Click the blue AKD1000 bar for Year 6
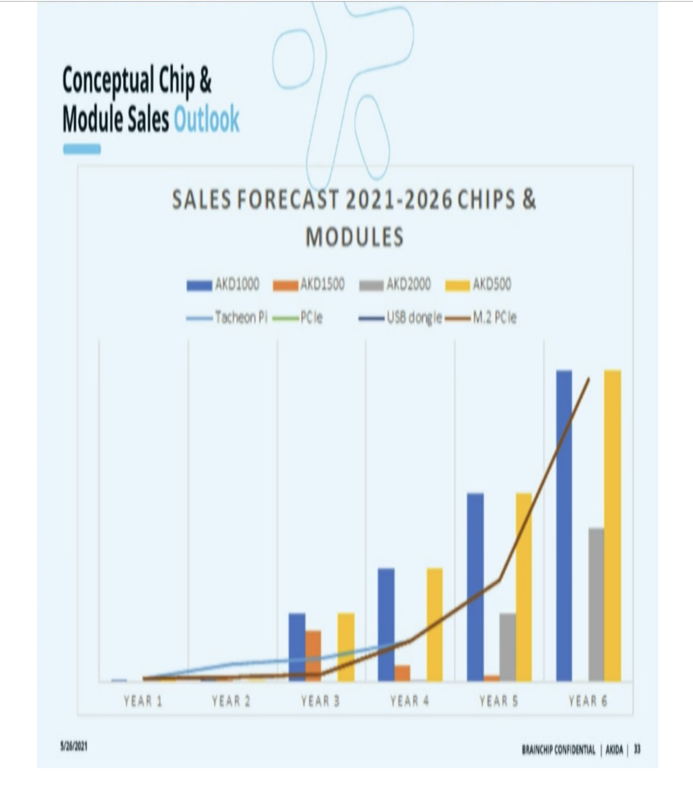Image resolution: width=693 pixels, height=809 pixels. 564,526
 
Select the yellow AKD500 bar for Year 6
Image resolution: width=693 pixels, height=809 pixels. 612,526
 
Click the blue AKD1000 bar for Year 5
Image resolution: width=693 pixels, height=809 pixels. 475,587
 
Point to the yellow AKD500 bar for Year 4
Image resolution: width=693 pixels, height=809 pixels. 435,625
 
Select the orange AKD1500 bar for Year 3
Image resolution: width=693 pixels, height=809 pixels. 313,656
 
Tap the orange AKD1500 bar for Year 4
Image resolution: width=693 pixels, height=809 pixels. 402,673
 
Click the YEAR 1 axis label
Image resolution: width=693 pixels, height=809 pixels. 143,701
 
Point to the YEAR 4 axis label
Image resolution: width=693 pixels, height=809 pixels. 409,701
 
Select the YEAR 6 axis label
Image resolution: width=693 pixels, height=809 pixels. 587,701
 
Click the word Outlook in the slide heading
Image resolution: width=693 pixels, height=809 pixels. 206,119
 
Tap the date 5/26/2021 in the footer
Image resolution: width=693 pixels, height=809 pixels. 74,747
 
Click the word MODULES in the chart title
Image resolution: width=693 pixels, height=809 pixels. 354,237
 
